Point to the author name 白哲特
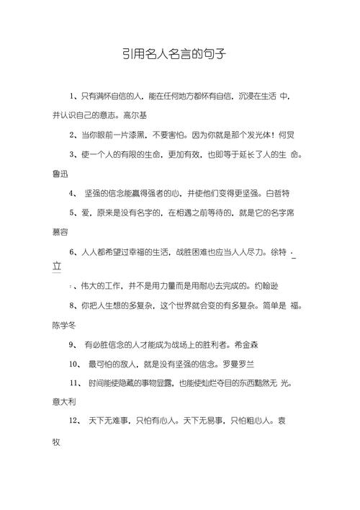278,193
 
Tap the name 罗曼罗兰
243,363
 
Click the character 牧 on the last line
58,439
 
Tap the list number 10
73,363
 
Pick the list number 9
71,344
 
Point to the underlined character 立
58,267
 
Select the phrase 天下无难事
107,420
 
